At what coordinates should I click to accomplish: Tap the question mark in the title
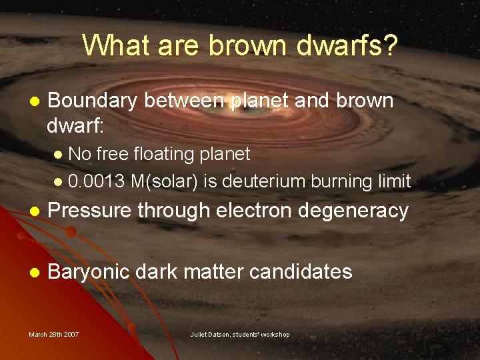point(390,45)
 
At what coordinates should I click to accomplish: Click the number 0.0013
point(97,181)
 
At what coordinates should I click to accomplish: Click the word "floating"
point(159,155)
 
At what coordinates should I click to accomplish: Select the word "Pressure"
point(90,211)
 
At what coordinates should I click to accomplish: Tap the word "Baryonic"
point(91,272)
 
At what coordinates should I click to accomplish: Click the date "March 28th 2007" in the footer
point(54,334)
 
